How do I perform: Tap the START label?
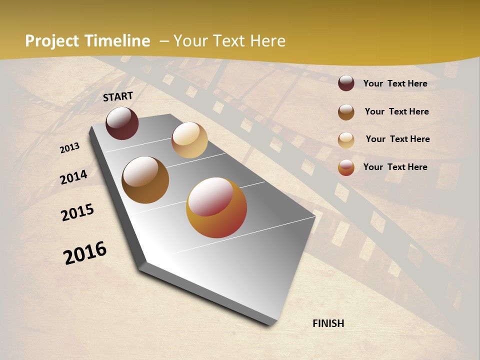pyautogui.click(x=118, y=96)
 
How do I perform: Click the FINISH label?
pyautogui.click(x=328, y=323)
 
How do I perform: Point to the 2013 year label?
pyautogui.click(x=69, y=148)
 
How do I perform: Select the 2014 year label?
pyautogui.click(x=73, y=177)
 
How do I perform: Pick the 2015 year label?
pyautogui.click(x=77, y=212)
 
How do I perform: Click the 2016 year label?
pyautogui.click(x=85, y=252)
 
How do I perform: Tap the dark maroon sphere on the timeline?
pyautogui.click(x=122, y=123)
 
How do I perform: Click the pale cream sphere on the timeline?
pyautogui.click(x=189, y=140)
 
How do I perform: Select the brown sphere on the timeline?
pyautogui.click(x=145, y=180)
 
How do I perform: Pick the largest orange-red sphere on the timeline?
pyautogui.click(x=216, y=207)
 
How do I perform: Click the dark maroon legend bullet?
pyautogui.click(x=346, y=83)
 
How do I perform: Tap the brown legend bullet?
pyautogui.click(x=346, y=112)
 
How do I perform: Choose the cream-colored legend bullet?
pyautogui.click(x=346, y=140)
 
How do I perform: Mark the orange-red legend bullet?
pyautogui.click(x=346, y=167)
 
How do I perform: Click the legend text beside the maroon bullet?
pyautogui.click(x=395, y=83)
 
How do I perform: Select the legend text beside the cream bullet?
pyautogui.click(x=397, y=139)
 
